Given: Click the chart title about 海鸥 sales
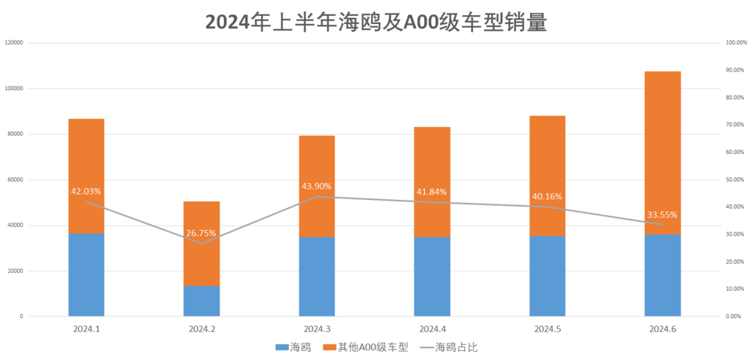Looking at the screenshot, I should coord(375,21).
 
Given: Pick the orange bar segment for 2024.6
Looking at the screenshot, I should coord(663,150).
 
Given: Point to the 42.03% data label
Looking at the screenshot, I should coord(86,192).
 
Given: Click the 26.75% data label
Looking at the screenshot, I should coord(202,233).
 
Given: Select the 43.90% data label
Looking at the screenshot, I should coord(317,186).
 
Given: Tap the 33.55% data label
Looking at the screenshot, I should coord(663,214).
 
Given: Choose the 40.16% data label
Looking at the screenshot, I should coord(547,197).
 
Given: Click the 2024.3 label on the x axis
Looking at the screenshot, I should coord(317,329).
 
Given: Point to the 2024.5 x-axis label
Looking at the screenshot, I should coord(547,329).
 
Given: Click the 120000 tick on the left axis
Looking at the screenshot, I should coord(14,43).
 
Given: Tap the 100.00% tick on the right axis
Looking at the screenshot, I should coord(735,43).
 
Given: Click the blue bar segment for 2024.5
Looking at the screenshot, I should coord(547,276).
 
